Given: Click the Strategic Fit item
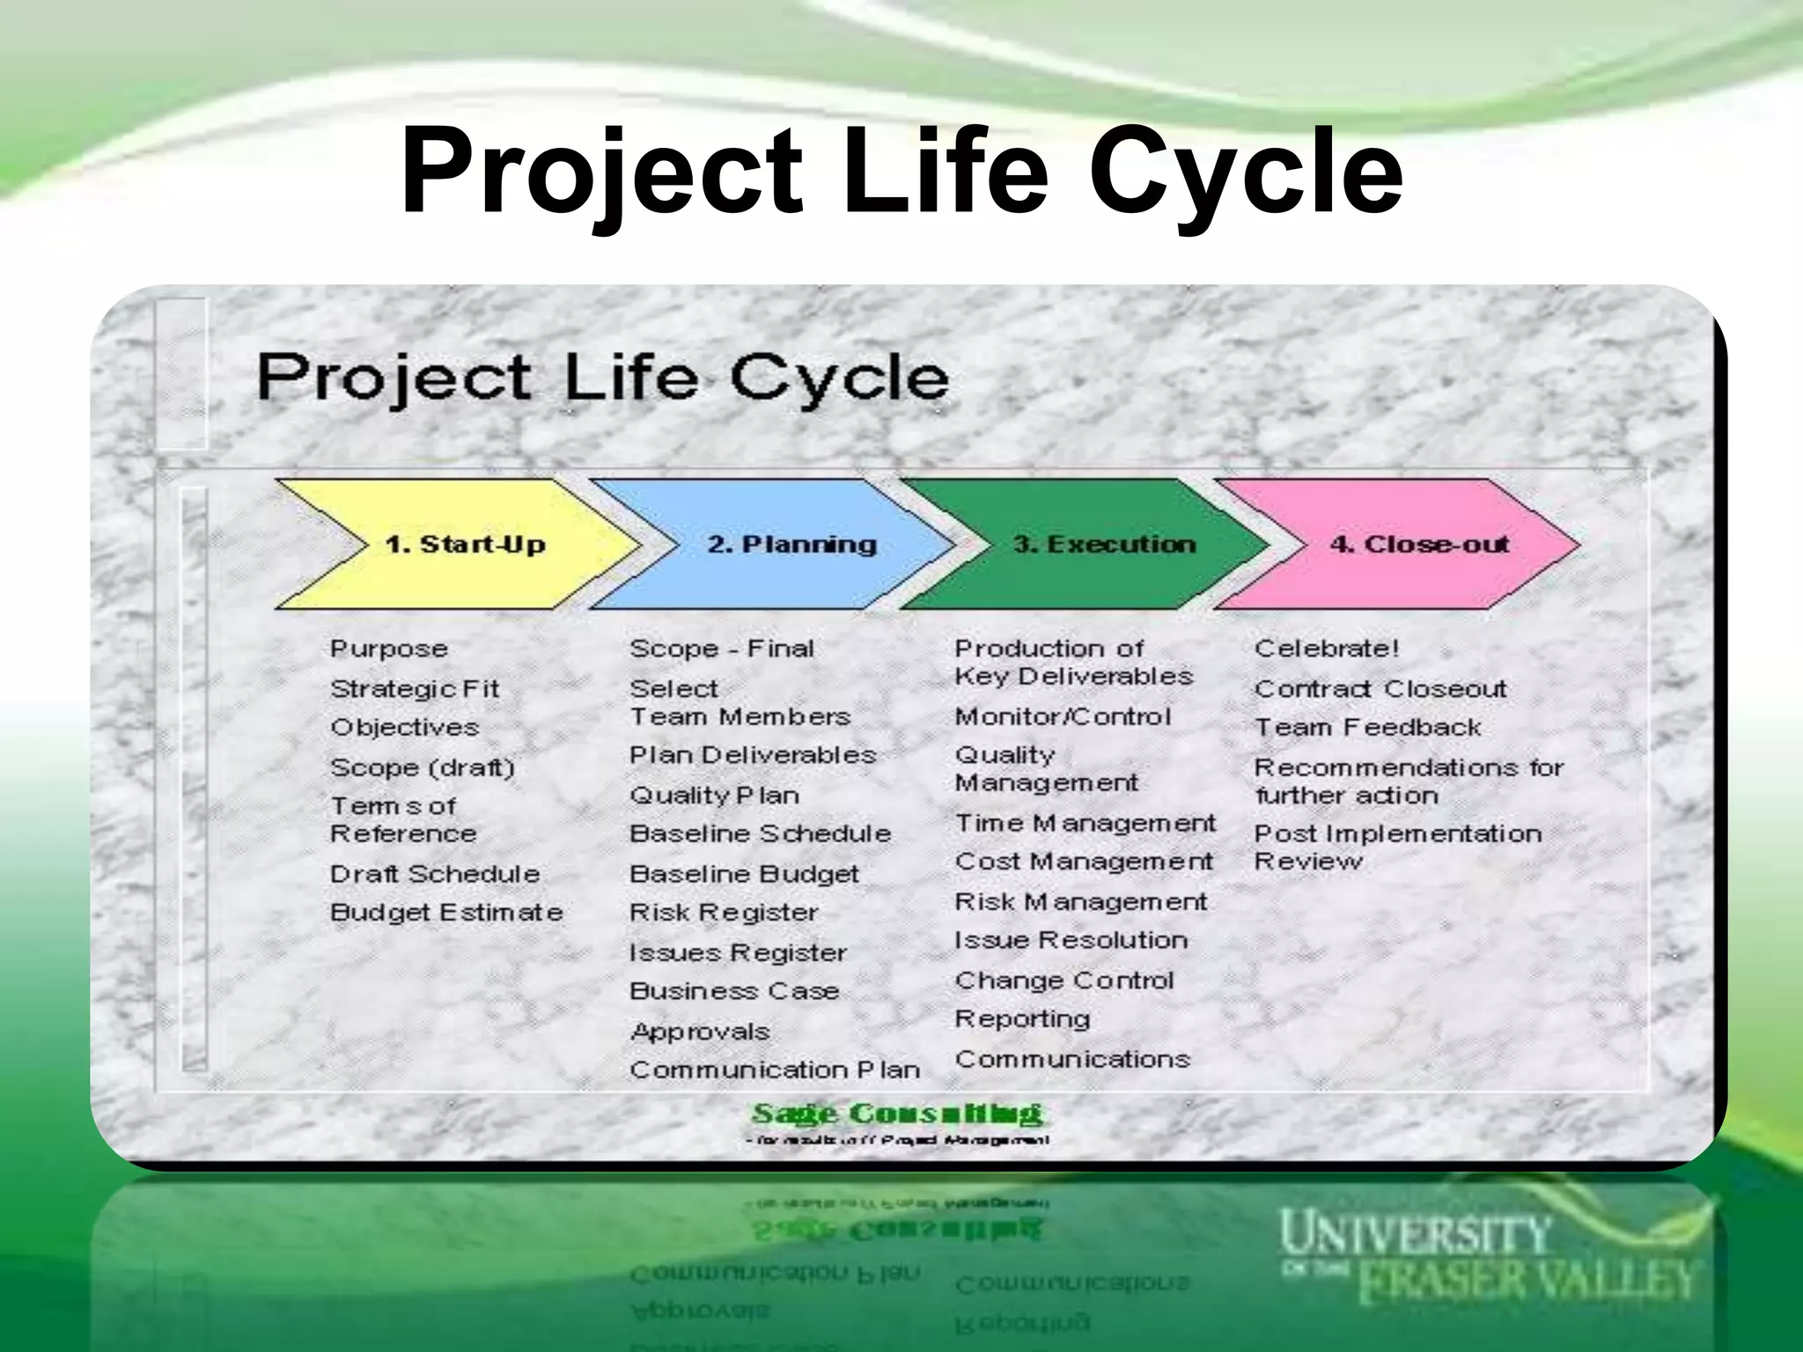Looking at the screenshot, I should (x=414, y=688).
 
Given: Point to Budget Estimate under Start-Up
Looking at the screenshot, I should (x=445, y=913).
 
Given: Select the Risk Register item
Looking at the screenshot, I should (x=724, y=913).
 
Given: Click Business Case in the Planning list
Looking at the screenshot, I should (x=734, y=991).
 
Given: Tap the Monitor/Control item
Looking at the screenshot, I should (x=1063, y=716).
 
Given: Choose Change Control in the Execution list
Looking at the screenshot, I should (x=1063, y=980).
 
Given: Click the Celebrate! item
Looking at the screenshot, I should (x=1326, y=649).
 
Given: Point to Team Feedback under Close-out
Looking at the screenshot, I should (x=1367, y=728).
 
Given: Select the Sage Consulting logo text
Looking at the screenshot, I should (x=896, y=1114).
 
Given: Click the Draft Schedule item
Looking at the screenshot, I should (x=435, y=874).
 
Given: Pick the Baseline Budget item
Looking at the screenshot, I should (x=744, y=874).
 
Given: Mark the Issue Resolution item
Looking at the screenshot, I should (x=1071, y=940).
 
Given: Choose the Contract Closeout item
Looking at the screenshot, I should (x=1380, y=688).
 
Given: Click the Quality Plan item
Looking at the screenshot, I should (x=714, y=796).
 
